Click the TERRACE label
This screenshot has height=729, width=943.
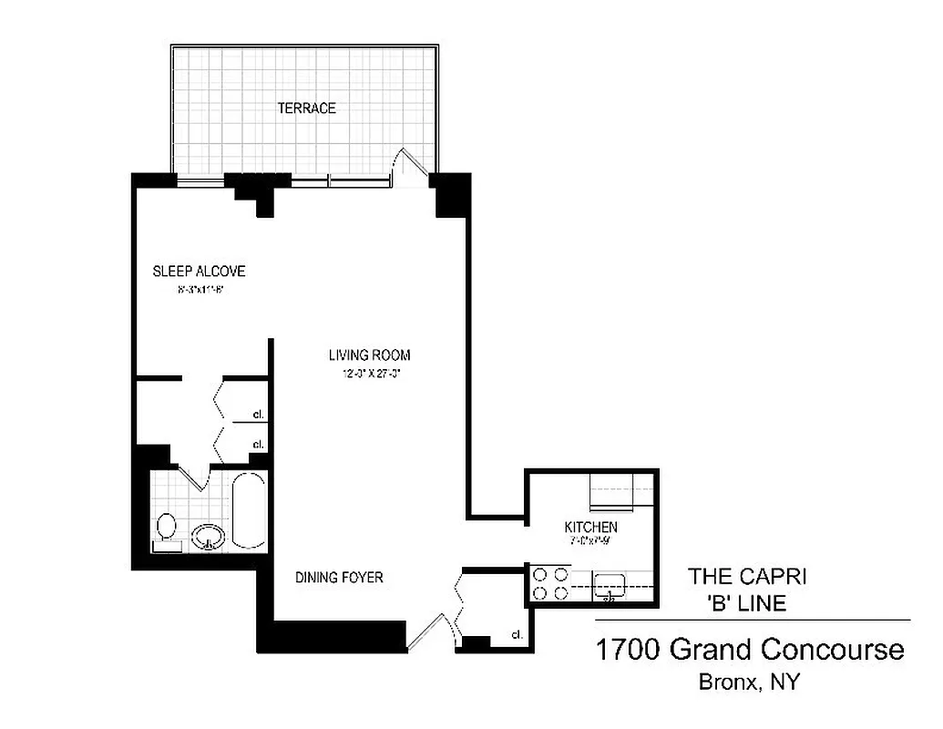point(306,108)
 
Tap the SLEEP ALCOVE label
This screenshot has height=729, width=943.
point(199,272)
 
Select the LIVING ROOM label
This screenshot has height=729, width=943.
point(369,355)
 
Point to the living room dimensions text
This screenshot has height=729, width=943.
point(369,373)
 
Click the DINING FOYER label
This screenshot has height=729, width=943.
point(339,578)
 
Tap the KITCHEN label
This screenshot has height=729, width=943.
point(590,528)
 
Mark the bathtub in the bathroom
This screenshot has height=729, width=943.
point(249,510)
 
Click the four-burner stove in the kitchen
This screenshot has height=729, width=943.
point(549,584)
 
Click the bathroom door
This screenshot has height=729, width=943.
point(194,476)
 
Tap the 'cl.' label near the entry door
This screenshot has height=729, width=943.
point(517,634)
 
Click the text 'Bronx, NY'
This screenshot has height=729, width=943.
point(749,683)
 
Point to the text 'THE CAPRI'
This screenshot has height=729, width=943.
point(748,576)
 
